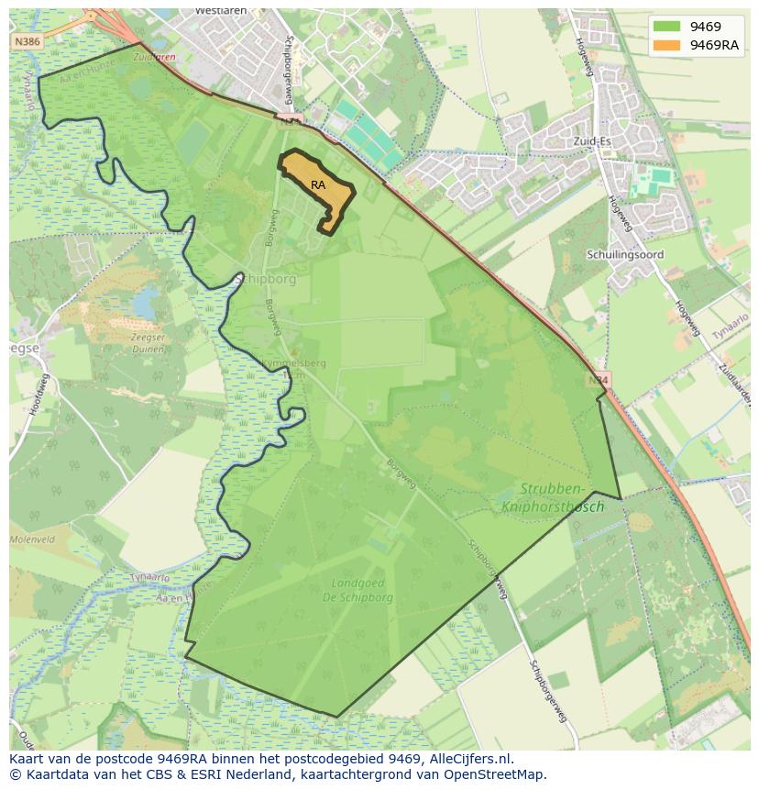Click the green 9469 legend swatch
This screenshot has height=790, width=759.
coord(666,27)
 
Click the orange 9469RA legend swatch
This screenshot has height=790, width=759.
coord(666,45)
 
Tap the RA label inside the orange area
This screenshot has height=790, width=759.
coord(318,185)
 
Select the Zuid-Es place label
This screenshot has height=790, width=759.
coord(590,141)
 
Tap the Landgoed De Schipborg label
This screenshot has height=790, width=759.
coord(361,590)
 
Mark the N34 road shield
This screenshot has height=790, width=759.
coord(598,380)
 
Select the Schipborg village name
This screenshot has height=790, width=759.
coord(267,279)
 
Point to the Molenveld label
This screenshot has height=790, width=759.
coord(33,540)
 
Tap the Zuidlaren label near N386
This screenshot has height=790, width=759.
coord(153,57)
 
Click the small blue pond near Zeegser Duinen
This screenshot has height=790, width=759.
coord(145,302)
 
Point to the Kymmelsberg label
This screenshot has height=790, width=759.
coord(293,363)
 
